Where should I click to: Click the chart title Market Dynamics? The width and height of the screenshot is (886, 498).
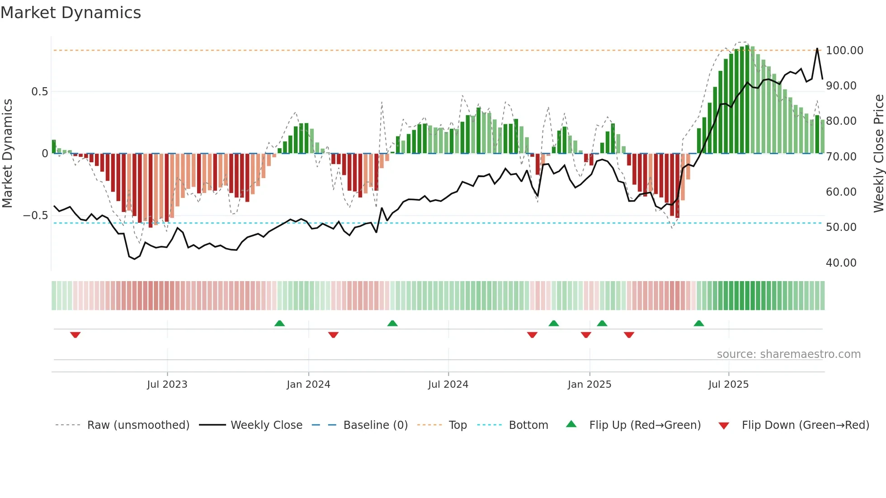point(71,13)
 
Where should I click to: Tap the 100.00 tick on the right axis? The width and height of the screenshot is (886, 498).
point(844,50)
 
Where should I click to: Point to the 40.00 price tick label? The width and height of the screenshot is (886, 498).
point(841,263)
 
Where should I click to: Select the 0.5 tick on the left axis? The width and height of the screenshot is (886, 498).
point(39,92)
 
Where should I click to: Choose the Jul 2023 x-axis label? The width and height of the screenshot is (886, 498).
point(167,385)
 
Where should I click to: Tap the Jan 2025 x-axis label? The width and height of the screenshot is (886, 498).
point(589,385)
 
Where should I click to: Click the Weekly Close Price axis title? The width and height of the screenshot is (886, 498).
point(878,153)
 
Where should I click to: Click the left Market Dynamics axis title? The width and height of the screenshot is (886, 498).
point(8,153)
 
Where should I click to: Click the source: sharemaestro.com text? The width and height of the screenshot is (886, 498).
point(788,354)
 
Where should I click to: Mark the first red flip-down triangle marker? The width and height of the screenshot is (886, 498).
point(75,335)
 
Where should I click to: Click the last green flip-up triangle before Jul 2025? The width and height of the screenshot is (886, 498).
point(699,323)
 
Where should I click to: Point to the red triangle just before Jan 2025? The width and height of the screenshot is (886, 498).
point(586,335)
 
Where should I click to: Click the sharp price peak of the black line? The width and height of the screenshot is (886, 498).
point(817,48)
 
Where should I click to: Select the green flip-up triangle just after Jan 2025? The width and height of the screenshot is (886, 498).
point(602,323)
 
